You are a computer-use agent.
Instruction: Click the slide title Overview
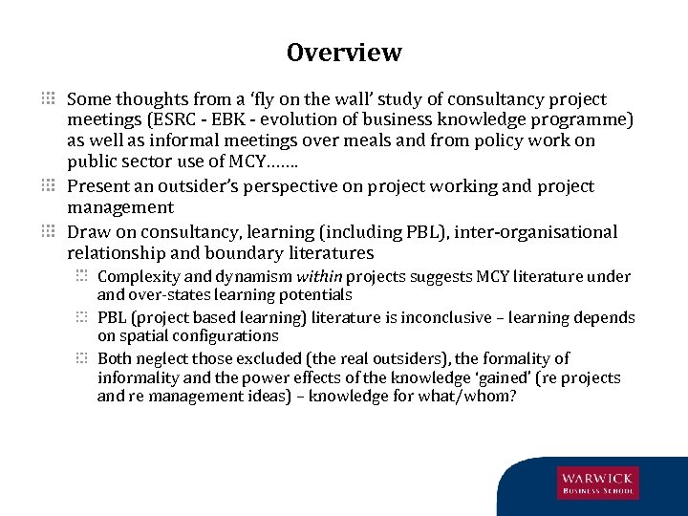point(344,53)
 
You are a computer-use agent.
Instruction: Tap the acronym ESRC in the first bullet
point(188,119)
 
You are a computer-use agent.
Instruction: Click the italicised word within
point(320,277)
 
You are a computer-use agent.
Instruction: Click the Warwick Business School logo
point(598,483)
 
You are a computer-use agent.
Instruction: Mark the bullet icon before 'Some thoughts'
point(50,98)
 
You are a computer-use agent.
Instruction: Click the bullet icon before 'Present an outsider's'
point(50,186)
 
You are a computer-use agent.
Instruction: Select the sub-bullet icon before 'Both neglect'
point(84,358)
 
